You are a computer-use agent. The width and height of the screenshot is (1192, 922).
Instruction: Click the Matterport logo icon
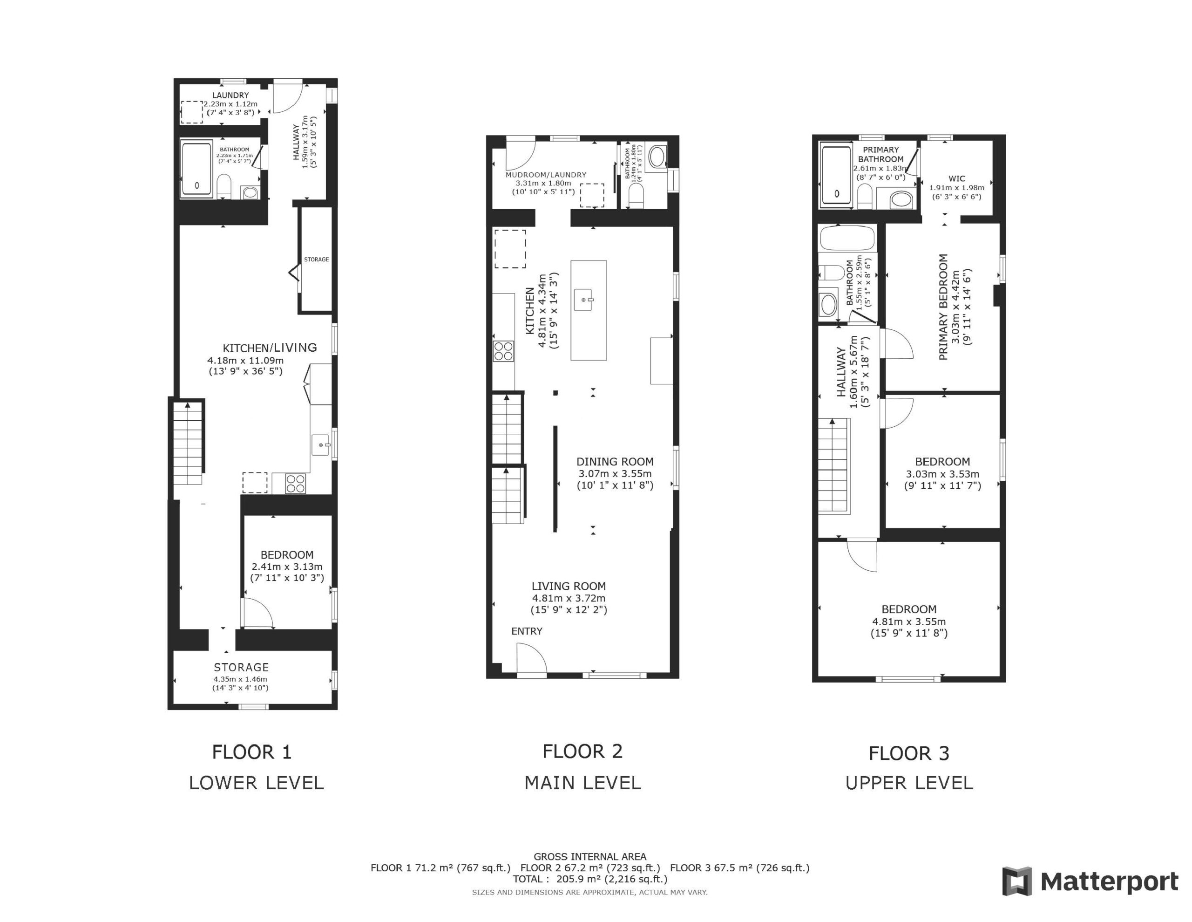(x=1017, y=881)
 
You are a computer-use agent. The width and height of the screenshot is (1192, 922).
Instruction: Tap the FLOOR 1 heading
(x=251, y=752)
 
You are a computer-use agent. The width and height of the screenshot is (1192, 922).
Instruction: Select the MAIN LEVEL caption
(x=582, y=783)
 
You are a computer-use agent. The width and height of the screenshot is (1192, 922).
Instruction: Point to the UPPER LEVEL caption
(x=909, y=783)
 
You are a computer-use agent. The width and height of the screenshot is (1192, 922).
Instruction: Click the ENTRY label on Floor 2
(x=527, y=631)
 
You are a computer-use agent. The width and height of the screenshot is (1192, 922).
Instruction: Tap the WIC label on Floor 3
(x=957, y=178)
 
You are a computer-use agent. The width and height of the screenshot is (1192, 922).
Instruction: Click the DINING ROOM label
(x=615, y=462)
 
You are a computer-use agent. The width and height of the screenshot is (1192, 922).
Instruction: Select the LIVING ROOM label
(x=569, y=586)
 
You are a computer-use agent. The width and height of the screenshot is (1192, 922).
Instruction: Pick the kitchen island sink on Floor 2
(x=583, y=300)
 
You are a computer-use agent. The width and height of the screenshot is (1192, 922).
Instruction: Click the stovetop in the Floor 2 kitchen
(x=503, y=351)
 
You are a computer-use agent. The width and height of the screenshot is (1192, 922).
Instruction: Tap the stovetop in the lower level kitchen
(x=295, y=484)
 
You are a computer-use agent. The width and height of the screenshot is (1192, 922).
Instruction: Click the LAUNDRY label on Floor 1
(x=230, y=95)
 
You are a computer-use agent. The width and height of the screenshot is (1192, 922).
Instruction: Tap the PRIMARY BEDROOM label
(x=943, y=307)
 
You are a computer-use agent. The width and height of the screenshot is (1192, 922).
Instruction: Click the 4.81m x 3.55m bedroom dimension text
(x=909, y=621)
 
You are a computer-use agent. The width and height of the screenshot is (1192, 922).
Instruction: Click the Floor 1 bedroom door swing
(x=258, y=613)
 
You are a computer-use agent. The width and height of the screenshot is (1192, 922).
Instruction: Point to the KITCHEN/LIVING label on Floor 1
(x=270, y=348)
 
